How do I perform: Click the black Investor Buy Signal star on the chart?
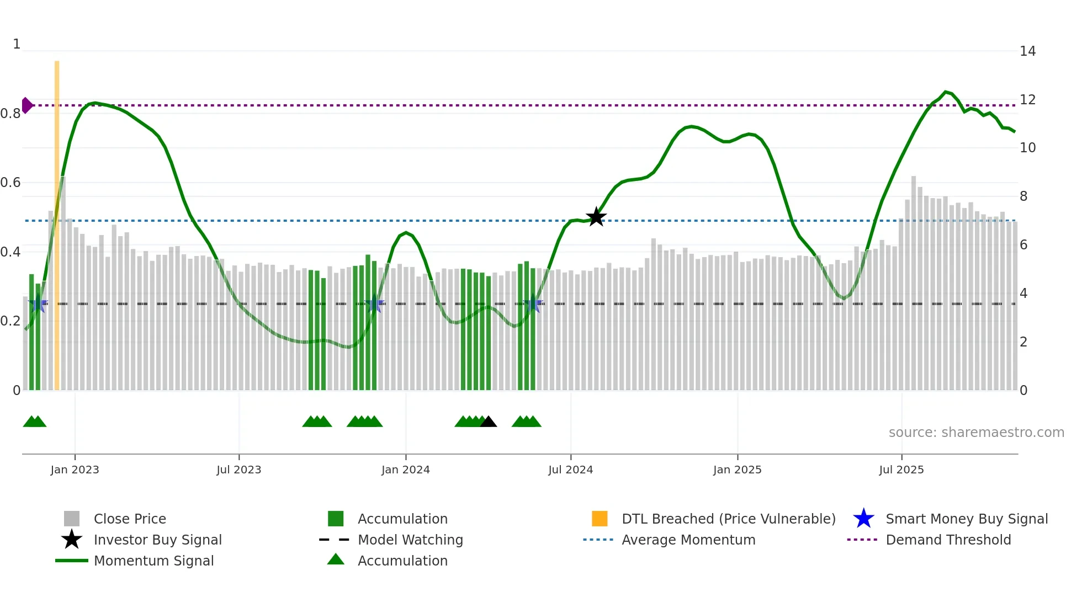click(596, 217)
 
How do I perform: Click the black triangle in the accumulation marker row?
click(489, 422)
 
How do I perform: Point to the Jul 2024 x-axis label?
click(570, 470)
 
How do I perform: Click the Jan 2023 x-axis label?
click(75, 470)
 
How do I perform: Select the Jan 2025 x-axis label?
click(737, 470)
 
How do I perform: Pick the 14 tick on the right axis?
click(1027, 51)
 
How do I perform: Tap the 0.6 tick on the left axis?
click(10, 183)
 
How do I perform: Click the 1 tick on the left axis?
click(17, 44)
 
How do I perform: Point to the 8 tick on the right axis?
click(1023, 196)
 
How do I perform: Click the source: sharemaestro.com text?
click(976, 433)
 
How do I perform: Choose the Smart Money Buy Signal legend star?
click(863, 519)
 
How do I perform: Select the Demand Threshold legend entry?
click(948, 540)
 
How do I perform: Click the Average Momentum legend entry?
click(688, 540)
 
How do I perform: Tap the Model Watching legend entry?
click(410, 540)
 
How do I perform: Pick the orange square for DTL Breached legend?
click(600, 519)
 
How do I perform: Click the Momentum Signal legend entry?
click(153, 561)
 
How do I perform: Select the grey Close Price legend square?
click(72, 519)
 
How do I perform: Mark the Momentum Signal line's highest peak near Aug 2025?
click(946, 92)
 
